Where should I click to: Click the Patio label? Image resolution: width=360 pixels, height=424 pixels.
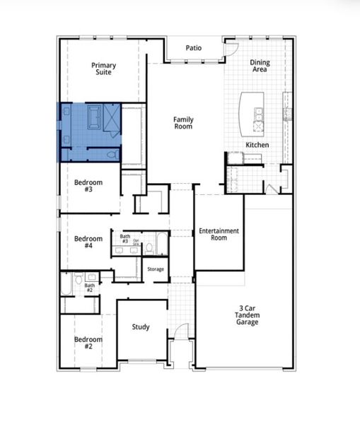(x=194, y=48)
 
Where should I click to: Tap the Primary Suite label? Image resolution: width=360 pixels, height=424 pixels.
(x=103, y=69)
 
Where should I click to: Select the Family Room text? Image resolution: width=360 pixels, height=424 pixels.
(x=183, y=123)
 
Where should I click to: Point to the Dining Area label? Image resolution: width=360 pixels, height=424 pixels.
(x=260, y=66)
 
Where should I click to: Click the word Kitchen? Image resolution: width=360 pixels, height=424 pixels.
(x=257, y=145)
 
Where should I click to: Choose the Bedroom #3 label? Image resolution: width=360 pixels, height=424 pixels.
(x=88, y=186)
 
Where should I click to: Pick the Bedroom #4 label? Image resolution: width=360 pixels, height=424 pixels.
(x=88, y=242)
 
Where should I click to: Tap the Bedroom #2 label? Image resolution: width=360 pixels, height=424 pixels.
(x=88, y=343)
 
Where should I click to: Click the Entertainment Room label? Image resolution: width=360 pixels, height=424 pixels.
(x=219, y=235)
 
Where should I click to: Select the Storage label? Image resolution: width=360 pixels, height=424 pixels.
(x=156, y=269)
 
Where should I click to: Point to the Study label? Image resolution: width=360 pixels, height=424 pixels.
(x=141, y=327)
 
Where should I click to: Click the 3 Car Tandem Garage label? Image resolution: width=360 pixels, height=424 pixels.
(x=248, y=316)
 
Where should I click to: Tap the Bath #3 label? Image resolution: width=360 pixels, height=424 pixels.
(x=125, y=239)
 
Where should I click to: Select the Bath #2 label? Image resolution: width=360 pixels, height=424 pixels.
(x=90, y=288)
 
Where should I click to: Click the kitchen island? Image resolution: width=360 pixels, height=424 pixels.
(x=251, y=112)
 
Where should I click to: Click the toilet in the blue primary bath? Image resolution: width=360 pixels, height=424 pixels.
(x=112, y=154)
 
